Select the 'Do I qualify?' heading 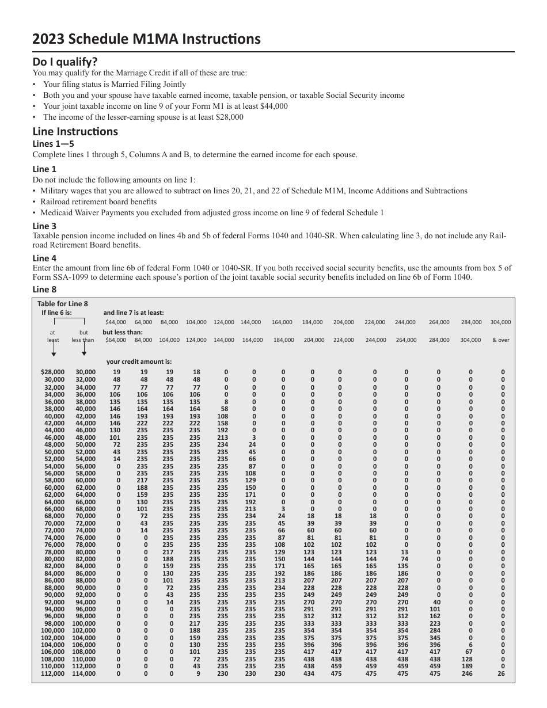[x=65, y=62]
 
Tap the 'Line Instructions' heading [x=75, y=131]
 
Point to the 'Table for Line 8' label [x=63, y=303]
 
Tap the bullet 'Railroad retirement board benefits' [x=98, y=202]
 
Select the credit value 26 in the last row [x=500, y=673]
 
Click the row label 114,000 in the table [x=84, y=673]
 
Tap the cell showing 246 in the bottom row [x=467, y=673]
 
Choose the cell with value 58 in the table [x=224, y=409]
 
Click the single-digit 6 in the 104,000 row [x=470, y=645]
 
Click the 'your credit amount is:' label [x=139, y=362]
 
